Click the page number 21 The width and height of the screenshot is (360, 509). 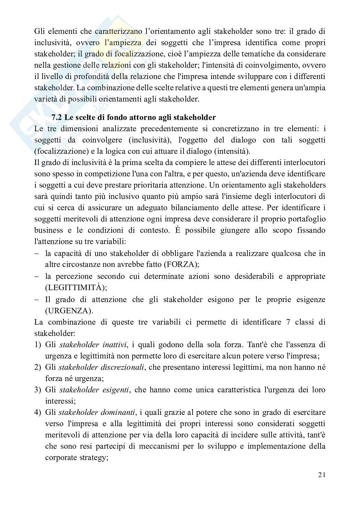[x=322, y=475]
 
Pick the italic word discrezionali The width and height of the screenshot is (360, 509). [x=122, y=367]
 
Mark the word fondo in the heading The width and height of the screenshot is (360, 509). [x=113, y=117]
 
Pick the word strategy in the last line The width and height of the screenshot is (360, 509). [x=93, y=457]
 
